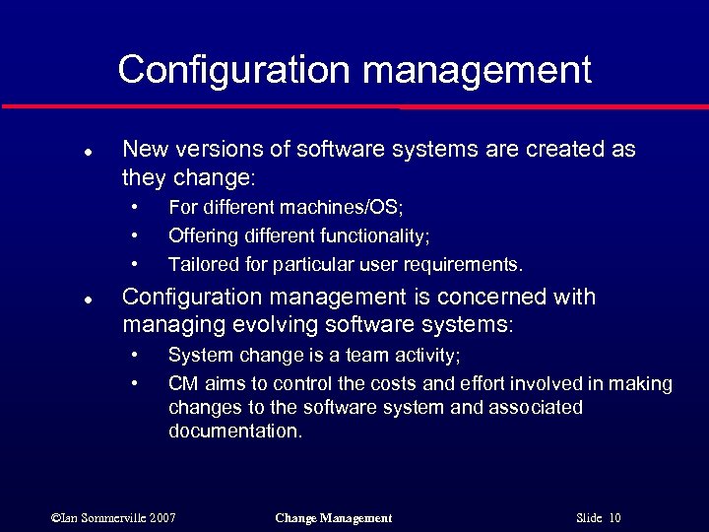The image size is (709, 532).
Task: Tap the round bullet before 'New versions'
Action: pos(88,154)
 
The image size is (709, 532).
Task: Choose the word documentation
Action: pos(234,431)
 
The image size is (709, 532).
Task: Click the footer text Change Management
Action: pos(334,517)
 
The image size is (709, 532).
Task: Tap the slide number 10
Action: pos(614,517)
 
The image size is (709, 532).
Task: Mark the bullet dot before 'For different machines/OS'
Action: pos(135,207)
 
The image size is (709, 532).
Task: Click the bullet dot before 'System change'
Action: pos(135,355)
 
